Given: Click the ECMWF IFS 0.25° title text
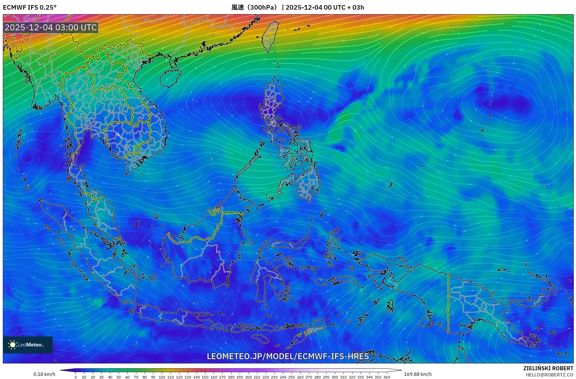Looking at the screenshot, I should tap(30, 7).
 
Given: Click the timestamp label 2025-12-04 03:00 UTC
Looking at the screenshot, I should tap(51, 27).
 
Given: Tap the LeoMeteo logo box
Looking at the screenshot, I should tap(28, 344).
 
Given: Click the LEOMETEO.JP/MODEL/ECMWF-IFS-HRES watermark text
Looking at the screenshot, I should tap(288, 356).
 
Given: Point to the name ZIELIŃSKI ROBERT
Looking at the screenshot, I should tap(548, 368).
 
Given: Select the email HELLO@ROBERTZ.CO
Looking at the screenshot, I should tap(549, 375).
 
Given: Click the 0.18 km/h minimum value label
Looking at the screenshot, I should tap(44, 374).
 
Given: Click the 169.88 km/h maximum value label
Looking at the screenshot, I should tap(418, 374).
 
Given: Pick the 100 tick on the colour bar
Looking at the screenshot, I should tap(162, 377).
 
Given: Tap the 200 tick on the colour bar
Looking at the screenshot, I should tap(248, 377).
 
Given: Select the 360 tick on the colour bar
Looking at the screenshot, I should tap(386, 377).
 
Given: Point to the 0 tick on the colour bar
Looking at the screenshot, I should tap(76, 377).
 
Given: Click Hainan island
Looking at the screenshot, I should tap(170, 77).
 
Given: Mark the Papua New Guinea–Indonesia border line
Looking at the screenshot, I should tap(448, 303).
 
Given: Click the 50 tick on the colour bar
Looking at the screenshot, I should tap(119, 377).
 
